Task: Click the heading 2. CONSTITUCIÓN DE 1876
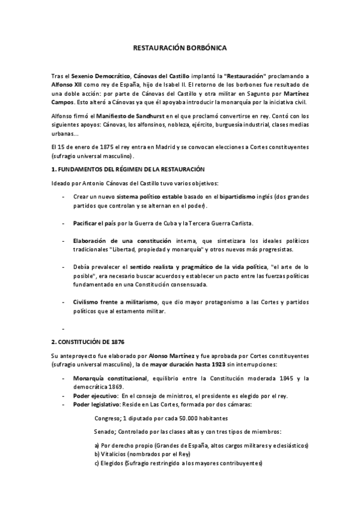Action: click(x=88, y=342)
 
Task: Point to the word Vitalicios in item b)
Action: click(x=116, y=455)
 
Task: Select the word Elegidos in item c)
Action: click(x=115, y=464)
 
